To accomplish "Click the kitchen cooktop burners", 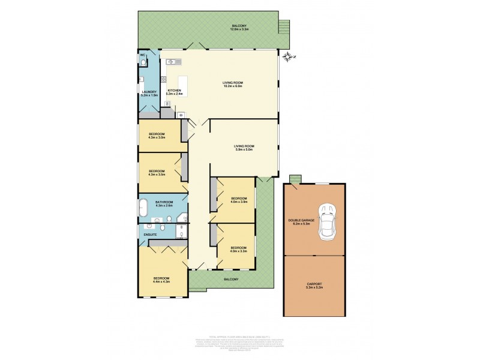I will click(181, 114).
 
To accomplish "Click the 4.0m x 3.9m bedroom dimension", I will click(238, 202).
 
